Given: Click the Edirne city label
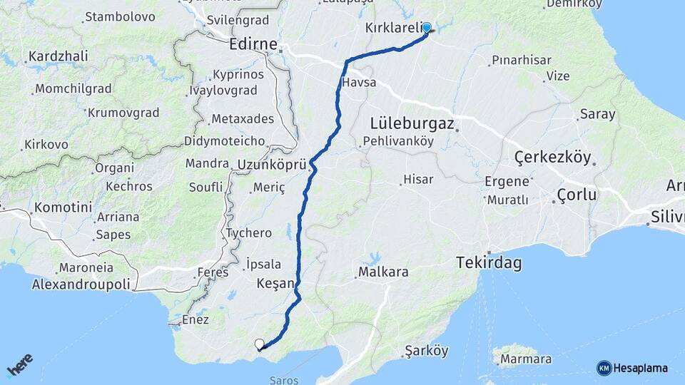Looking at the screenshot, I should (x=253, y=44).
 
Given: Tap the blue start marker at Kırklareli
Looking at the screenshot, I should (x=427, y=28).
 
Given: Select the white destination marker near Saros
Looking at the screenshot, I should (x=259, y=344).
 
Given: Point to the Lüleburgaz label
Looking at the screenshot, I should (x=412, y=123).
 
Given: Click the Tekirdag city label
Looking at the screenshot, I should (x=489, y=264).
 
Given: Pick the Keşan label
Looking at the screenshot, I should (x=275, y=283).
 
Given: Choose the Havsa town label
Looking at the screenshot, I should (x=359, y=83).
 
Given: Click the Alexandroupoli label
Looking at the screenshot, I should (x=81, y=284).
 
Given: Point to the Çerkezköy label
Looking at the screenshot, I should (x=553, y=158).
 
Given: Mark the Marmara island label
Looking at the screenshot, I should (x=525, y=359).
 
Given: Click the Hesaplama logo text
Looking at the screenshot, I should (x=639, y=368).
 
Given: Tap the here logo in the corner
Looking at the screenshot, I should (x=19, y=365).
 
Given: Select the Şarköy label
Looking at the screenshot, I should (x=426, y=351).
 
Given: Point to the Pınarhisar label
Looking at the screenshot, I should (x=521, y=61).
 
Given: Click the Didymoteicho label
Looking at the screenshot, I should (x=224, y=140).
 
